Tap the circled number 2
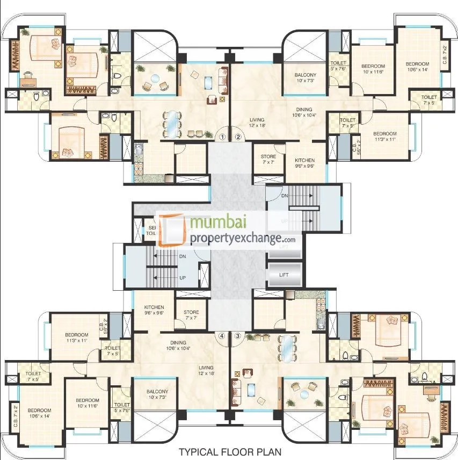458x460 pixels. point(238,136)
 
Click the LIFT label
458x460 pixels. point(284,275)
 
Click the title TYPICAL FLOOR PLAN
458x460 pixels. point(229,452)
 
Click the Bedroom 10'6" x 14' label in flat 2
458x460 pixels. point(417,66)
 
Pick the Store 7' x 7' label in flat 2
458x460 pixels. point(268,160)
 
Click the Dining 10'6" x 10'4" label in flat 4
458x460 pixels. point(178,346)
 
